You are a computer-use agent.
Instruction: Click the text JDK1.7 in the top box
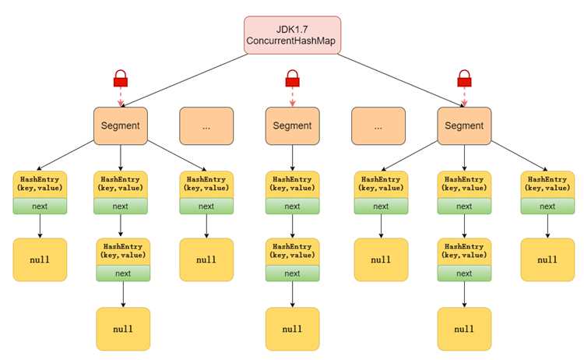pyautogui.click(x=292, y=30)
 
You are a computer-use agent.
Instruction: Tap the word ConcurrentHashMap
pyautogui.click(x=291, y=41)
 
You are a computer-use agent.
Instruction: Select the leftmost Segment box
pyautogui.click(x=120, y=126)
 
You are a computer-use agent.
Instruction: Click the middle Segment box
pyautogui.click(x=292, y=126)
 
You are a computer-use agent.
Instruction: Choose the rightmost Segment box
pyautogui.click(x=464, y=126)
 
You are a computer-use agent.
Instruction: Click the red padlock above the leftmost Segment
pyautogui.click(x=120, y=78)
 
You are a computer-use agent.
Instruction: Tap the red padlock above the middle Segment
pyautogui.click(x=292, y=78)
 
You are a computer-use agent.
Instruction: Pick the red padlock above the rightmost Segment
pyautogui.click(x=464, y=78)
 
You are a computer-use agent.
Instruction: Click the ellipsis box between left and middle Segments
pyautogui.click(x=206, y=126)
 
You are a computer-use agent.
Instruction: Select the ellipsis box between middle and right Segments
pyautogui.click(x=378, y=126)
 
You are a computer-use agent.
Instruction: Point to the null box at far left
pyautogui.click(x=40, y=259)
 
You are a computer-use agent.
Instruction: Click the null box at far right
pyautogui.click(x=547, y=259)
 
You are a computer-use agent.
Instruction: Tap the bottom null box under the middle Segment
pyautogui.click(x=292, y=329)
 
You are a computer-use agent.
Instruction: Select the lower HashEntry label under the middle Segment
pyautogui.click(x=292, y=251)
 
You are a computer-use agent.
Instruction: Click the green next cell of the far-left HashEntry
pyautogui.click(x=40, y=206)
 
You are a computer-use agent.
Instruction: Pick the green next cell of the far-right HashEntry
pyautogui.click(x=547, y=206)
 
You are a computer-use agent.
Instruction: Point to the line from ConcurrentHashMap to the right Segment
pyautogui.click(x=401, y=80)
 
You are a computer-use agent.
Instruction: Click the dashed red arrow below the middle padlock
pyautogui.click(x=292, y=97)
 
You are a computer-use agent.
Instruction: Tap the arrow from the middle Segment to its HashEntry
pyautogui.click(x=292, y=158)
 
